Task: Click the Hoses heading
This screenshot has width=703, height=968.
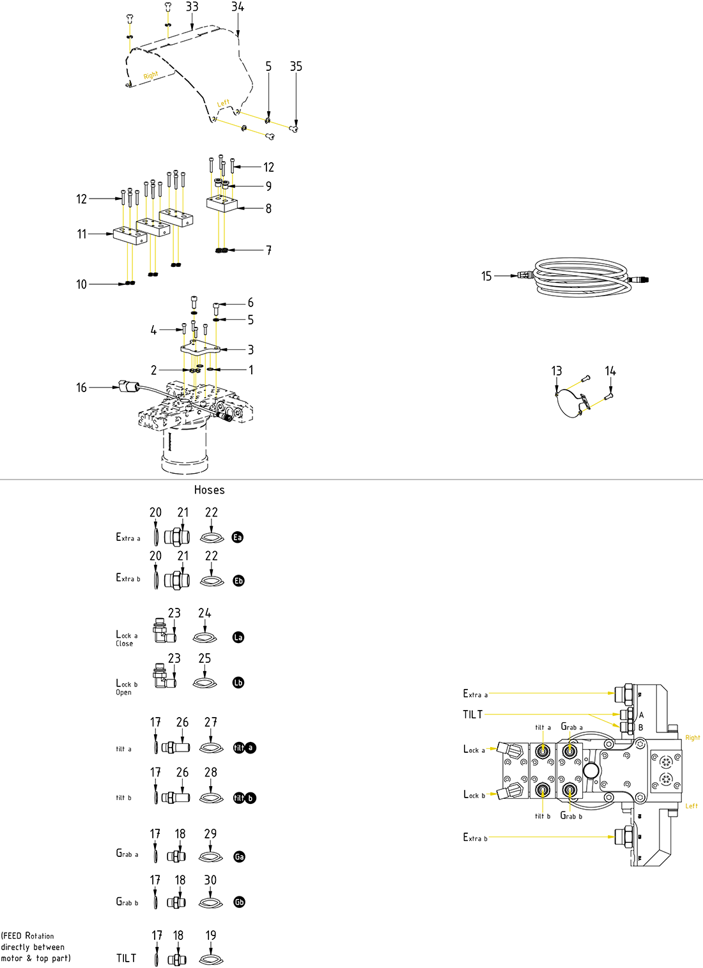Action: pyautogui.click(x=209, y=490)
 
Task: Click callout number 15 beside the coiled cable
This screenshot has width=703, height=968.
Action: pyautogui.click(x=486, y=276)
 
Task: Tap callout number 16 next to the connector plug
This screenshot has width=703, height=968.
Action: pyautogui.click(x=81, y=388)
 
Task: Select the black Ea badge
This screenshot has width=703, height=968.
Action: pyautogui.click(x=238, y=537)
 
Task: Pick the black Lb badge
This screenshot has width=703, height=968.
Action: pyautogui.click(x=238, y=683)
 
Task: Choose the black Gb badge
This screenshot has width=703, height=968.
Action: pyautogui.click(x=239, y=902)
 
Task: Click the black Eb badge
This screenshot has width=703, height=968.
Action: pyautogui.click(x=238, y=580)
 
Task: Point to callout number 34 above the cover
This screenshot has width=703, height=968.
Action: pyautogui.click(x=237, y=7)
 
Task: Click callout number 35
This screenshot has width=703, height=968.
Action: pyautogui.click(x=296, y=66)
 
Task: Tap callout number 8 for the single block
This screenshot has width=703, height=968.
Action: pyautogui.click(x=268, y=208)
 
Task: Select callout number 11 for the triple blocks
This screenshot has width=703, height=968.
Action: pyautogui.click(x=82, y=234)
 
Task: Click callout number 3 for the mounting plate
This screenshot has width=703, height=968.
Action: pyautogui.click(x=251, y=349)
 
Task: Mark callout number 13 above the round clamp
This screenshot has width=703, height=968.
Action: pyautogui.click(x=557, y=371)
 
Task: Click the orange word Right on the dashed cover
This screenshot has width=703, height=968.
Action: pyautogui.click(x=151, y=75)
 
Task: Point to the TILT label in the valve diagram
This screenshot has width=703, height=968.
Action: pyautogui.click(x=472, y=715)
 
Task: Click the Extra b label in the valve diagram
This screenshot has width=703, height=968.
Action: pyautogui.click(x=475, y=837)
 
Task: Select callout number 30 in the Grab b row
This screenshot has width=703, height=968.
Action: pyautogui.click(x=210, y=880)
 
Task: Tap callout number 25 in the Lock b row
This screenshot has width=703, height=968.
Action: pyautogui.click(x=205, y=658)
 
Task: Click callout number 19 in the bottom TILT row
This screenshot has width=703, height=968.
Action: pyautogui.click(x=211, y=935)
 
